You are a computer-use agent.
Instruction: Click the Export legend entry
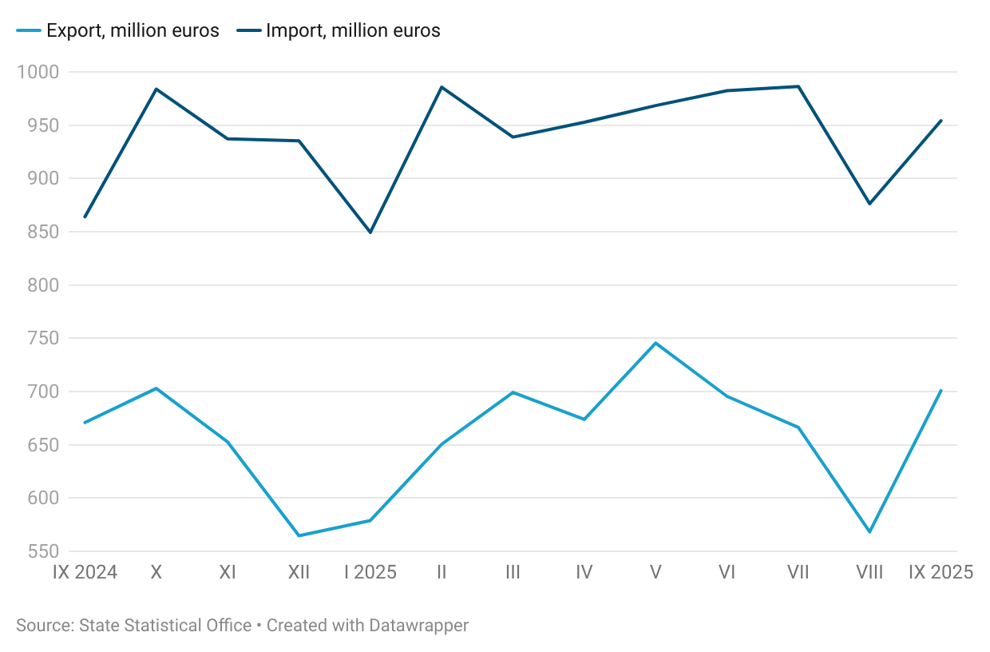(117, 32)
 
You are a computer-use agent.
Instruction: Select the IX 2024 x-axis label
(85, 572)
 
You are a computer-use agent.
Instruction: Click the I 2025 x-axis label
(370, 572)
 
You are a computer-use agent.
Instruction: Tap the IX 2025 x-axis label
(941, 572)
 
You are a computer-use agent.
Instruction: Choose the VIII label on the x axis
(869, 572)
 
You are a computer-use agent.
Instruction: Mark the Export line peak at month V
(655, 343)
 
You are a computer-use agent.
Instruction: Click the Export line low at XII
(299, 535)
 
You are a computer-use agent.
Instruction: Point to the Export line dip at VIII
(869, 532)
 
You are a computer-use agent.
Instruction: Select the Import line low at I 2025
(370, 233)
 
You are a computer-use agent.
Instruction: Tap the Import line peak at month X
(156, 89)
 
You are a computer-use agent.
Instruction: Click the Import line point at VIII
(869, 204)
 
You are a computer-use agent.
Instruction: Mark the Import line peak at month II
(442, 87)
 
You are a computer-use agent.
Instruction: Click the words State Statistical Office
(165, 626)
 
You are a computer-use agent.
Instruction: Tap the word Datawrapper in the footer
(419, 626)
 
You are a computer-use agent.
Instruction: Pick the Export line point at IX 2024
(85, 423)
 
